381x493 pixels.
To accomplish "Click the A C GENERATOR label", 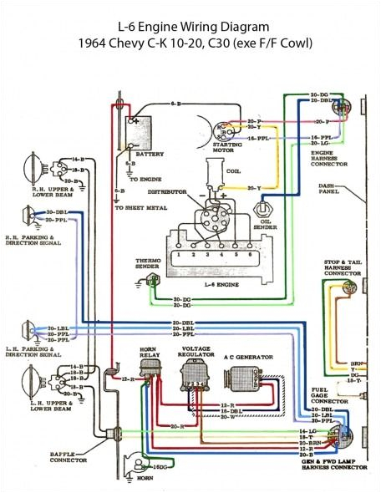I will click(246, 357).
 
